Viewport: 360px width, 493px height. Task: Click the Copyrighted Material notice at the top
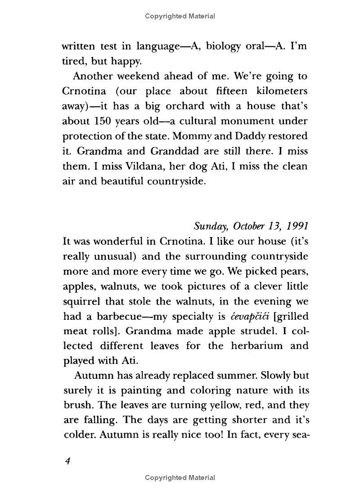(180, 17)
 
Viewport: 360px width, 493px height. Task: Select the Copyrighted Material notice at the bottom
(180, 478)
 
